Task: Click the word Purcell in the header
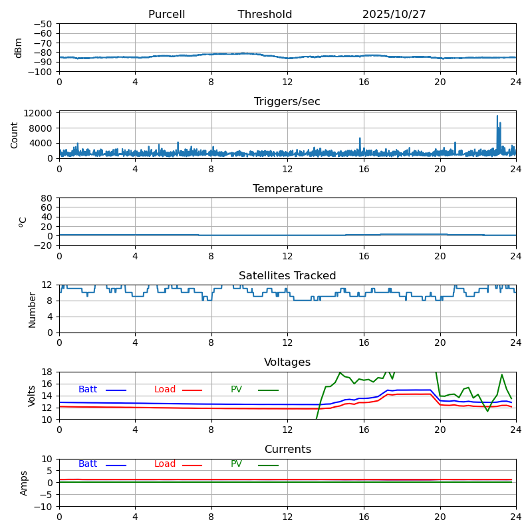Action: coord(166,15)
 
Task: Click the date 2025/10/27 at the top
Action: coord(394,15)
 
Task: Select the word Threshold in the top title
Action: coord(265,15)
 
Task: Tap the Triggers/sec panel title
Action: coord(287,102)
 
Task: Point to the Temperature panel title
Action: coord(287,189)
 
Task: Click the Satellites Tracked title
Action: coord(287,276)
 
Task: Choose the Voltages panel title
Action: coord(287,362)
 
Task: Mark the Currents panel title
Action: coord(287,450)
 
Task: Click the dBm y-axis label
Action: coord(19,48)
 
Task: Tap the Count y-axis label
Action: coord(15,135)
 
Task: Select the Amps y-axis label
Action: coord(24,483)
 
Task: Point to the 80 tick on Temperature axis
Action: coord(47,198)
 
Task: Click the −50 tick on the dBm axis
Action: coord(43,24)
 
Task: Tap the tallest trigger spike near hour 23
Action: coord(497,117)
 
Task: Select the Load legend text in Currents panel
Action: coord(165,464)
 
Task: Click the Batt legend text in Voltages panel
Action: coord(88,390)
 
